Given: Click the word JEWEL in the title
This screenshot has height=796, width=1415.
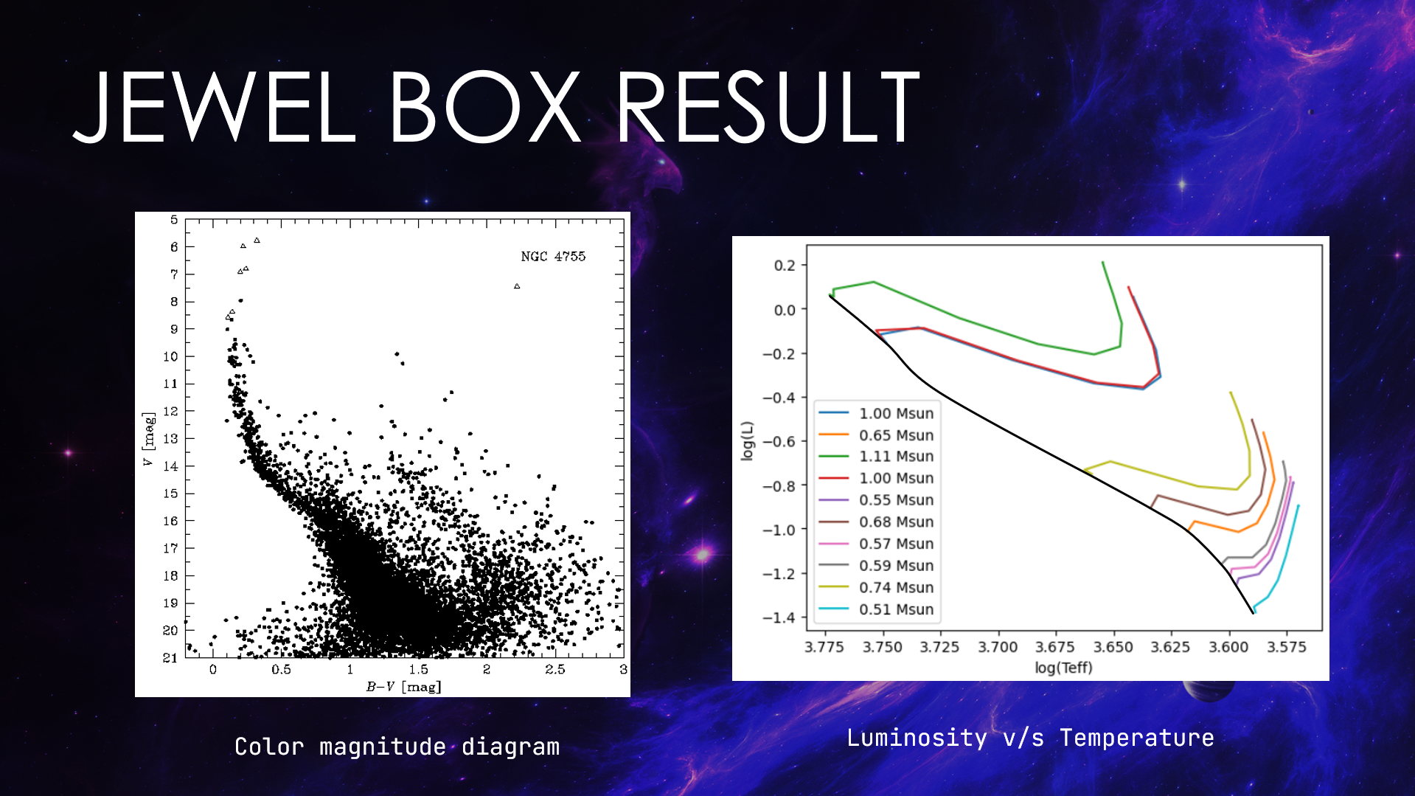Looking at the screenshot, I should tap(214, 108).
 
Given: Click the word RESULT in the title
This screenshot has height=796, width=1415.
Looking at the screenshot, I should tap(768, 108).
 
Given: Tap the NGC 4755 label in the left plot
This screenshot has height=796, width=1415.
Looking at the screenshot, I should tap(553, 257).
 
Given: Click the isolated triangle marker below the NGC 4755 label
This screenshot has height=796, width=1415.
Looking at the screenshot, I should tap(517, 286).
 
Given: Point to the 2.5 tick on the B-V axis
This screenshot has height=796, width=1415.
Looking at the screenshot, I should tap(554, 670).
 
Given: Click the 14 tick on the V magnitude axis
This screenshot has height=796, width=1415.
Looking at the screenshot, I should tap(170, 466).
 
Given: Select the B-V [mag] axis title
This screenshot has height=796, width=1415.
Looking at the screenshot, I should tap(403, 687).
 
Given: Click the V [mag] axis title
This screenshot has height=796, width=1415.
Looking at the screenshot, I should tap(148, 440).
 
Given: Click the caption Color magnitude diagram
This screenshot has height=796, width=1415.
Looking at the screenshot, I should tap(397, 747).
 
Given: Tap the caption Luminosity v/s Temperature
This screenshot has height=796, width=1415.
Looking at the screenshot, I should tap(1029, 738).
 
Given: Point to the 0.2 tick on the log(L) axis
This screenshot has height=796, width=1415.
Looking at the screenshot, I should tap(784, 266).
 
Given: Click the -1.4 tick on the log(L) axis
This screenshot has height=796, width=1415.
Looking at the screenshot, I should tap(779, 617).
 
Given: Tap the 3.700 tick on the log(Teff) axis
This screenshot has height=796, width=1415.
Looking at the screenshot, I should tap(998, 647).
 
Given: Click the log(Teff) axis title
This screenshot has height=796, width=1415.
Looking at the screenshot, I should tap(1063, 668).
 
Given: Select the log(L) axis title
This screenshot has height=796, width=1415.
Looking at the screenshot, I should tap(748, 440).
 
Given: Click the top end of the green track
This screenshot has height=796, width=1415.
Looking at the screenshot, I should tap(1102, 262).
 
